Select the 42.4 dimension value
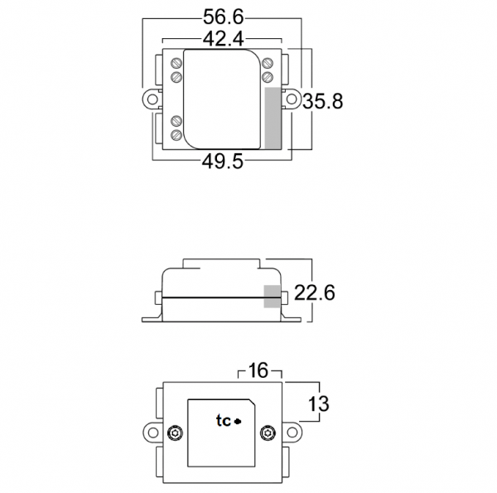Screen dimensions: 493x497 (224, 39)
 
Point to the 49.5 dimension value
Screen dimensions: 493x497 (222, 162)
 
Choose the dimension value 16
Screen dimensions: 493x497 (259, 370)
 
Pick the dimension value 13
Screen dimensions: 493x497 (319, 404)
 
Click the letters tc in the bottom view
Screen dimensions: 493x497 (223, 421)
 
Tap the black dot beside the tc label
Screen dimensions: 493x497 (238, 422)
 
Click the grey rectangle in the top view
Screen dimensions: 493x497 (273, 117)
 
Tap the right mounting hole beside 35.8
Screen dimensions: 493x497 (292, 99)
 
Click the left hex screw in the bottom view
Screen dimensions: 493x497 (175, 433)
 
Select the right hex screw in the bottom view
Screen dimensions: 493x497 (267, 433)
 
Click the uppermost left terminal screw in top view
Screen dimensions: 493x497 (176, 62)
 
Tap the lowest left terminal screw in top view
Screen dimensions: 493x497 (176, 134)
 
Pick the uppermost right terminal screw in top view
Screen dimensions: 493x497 (268, 62)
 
